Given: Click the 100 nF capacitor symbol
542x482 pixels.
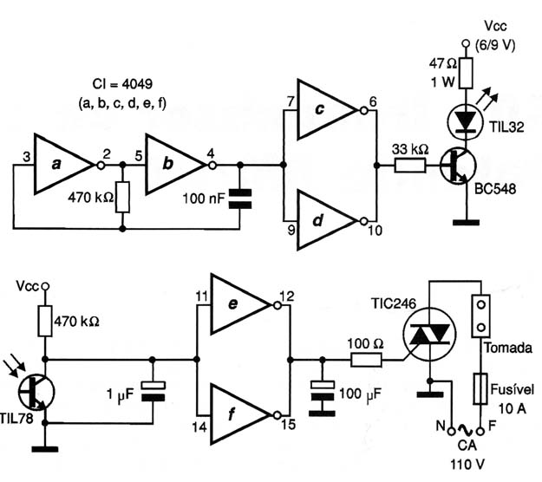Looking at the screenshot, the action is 240,199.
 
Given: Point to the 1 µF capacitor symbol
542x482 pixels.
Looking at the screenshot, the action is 153,391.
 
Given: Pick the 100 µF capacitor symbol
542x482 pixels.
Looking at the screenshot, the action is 323,390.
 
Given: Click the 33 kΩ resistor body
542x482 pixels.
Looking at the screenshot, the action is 410,166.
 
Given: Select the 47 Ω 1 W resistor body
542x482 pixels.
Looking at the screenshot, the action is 466,73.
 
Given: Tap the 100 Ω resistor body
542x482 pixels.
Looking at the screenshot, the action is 367,360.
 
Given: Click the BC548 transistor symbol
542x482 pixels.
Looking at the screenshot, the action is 458,166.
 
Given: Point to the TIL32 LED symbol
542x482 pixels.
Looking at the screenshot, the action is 466,121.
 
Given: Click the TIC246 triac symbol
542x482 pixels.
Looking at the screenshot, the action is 429,335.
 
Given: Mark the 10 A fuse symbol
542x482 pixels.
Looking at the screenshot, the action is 480,388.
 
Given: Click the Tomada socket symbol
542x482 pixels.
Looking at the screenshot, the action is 480,316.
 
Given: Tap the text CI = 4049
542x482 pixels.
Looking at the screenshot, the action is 122,84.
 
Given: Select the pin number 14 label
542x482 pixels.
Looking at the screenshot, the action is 199,427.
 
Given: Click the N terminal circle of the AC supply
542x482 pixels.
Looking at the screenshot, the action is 450,431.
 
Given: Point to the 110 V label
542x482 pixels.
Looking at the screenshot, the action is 467,465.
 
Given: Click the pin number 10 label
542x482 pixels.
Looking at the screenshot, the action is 375,231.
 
